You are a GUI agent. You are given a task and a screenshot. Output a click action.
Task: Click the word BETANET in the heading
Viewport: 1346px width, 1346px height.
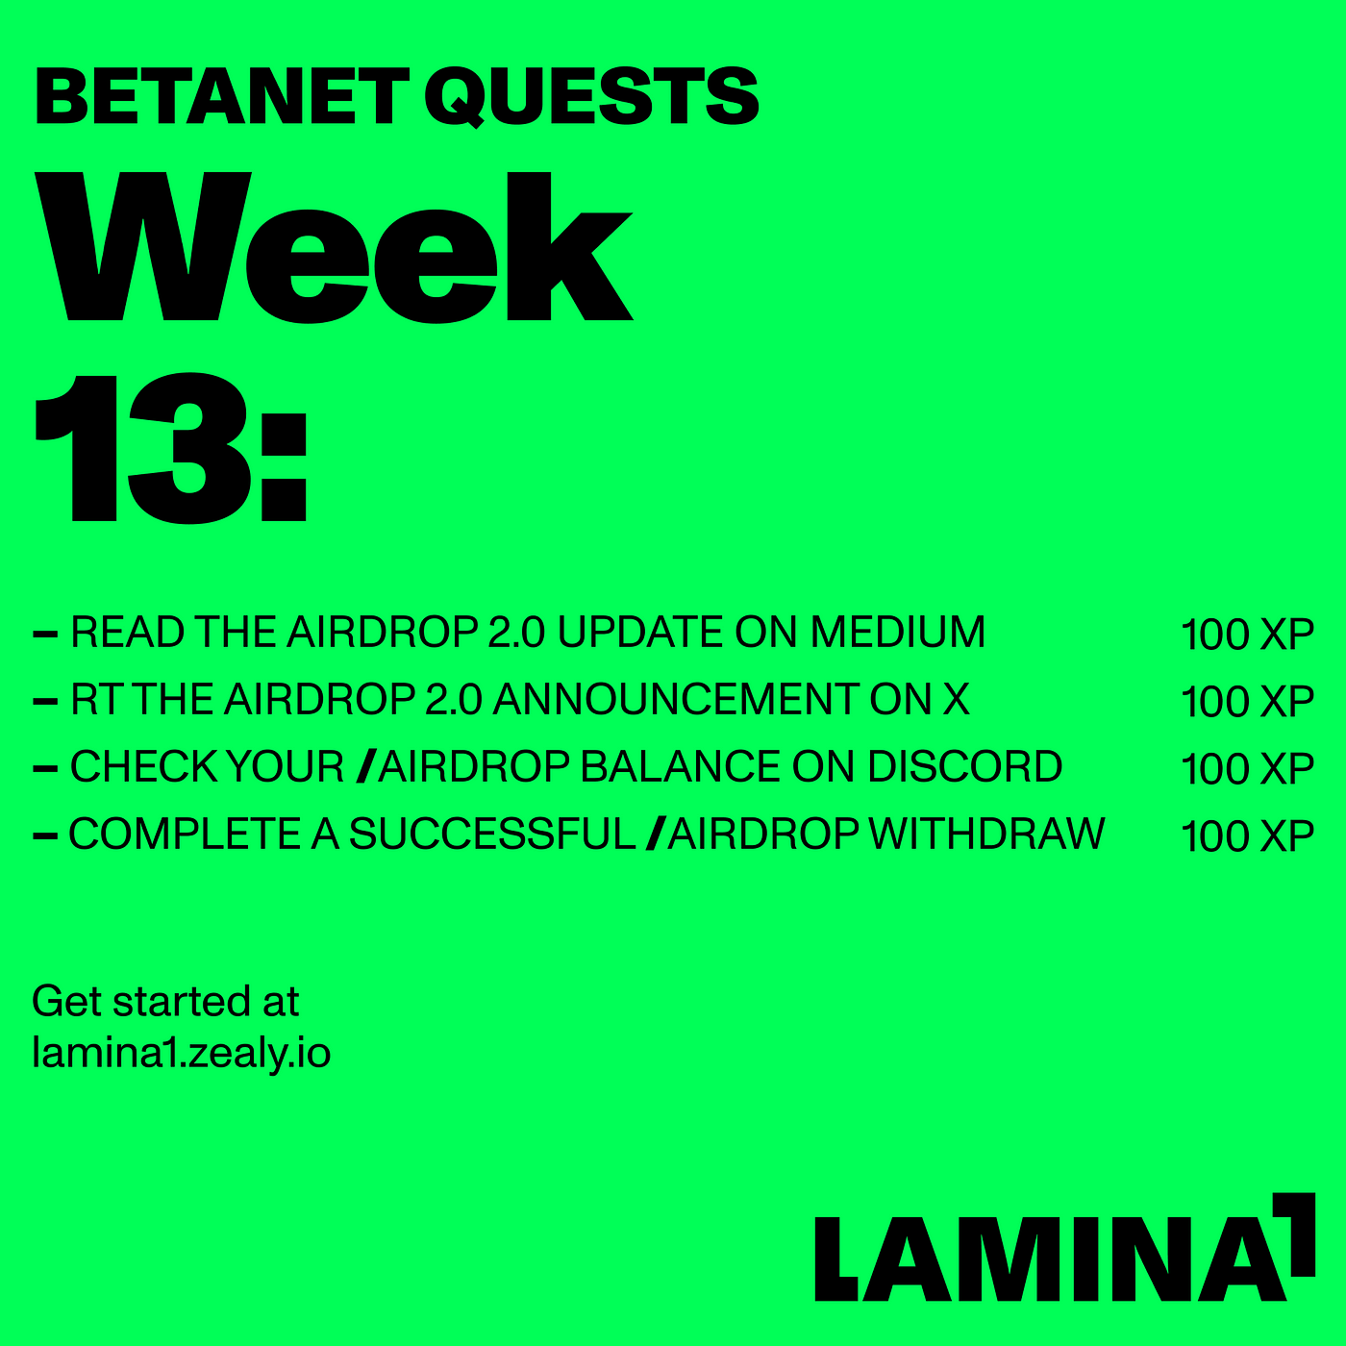[x=222, y=96]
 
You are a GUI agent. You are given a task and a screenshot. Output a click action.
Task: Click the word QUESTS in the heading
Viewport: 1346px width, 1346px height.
[x=591, y=96]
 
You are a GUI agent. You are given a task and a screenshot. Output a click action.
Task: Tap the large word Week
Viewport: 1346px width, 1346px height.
[x=334, y=247]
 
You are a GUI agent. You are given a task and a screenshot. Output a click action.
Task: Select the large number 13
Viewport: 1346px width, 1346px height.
[x=142, y=448]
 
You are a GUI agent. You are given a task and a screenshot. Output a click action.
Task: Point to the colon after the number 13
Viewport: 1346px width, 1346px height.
[x=285, y=467]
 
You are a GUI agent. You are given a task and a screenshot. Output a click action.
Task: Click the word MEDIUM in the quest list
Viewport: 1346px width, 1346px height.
[x=897, y=632]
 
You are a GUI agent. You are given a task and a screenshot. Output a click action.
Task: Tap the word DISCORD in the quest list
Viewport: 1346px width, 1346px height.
[x=964, y=766]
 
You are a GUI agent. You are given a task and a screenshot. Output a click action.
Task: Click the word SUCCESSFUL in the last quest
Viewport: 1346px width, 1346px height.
[x=492, y=834]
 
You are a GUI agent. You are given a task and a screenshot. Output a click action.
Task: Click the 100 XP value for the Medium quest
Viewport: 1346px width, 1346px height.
[x=1248, y=635]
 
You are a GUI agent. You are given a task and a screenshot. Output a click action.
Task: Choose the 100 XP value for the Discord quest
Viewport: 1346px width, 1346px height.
[x=1248, y=768]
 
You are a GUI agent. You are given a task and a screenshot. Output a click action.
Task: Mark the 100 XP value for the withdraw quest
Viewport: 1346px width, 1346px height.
[x=1248, y=835]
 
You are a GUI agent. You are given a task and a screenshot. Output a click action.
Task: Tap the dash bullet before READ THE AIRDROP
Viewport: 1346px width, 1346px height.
[x=45, y=635]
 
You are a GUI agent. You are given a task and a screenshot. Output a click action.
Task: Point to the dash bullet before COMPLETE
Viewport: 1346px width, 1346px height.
[x=45, y=835]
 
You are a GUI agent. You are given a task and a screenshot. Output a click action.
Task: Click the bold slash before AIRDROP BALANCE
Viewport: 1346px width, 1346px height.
[x=366, y=766]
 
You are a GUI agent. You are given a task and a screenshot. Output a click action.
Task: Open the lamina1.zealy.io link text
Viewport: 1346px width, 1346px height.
[x=182, y=1053]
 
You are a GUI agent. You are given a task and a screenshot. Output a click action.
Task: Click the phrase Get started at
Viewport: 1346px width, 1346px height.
[x=166, y=1002]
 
